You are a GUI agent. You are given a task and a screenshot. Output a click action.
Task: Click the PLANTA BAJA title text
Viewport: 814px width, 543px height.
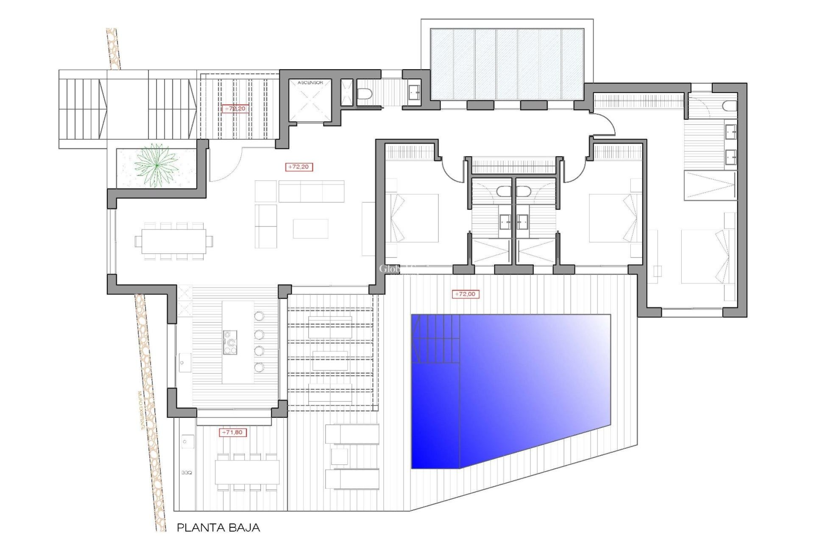[218, 528]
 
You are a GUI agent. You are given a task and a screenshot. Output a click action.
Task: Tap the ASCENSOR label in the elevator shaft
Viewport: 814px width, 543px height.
[310, 83]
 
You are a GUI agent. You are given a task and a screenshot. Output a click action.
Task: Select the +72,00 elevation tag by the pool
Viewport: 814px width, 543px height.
[466, 294]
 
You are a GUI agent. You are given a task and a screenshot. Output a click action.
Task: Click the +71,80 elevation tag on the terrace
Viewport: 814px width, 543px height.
[232, 432]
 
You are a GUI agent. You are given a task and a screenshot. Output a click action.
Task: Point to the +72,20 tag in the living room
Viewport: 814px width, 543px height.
[299, 167]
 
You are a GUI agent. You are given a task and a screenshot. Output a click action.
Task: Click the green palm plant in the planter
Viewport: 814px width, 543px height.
[156, 165]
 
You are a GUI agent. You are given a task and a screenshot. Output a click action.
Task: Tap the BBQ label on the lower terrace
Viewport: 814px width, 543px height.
[186, 473]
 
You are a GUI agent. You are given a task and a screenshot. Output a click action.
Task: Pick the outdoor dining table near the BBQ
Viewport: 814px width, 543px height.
[247, 472]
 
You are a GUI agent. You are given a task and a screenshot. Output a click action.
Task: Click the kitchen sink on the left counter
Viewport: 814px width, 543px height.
[183, 363]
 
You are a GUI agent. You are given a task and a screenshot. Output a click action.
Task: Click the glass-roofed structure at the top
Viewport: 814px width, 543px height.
[507, 64]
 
